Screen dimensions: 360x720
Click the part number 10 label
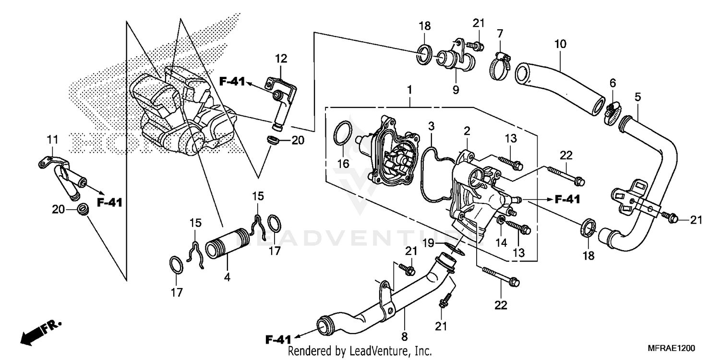pos(560,45)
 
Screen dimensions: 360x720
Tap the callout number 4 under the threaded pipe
pos(227,277)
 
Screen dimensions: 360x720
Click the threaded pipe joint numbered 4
pos(228,244)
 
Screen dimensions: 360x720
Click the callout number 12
pos(281,59)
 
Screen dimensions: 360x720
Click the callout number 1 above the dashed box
pos(409,89)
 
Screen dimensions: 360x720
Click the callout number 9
pos(456,89)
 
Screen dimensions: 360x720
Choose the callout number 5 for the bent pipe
pos(637,96)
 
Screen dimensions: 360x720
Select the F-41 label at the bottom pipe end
pos(278,340)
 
